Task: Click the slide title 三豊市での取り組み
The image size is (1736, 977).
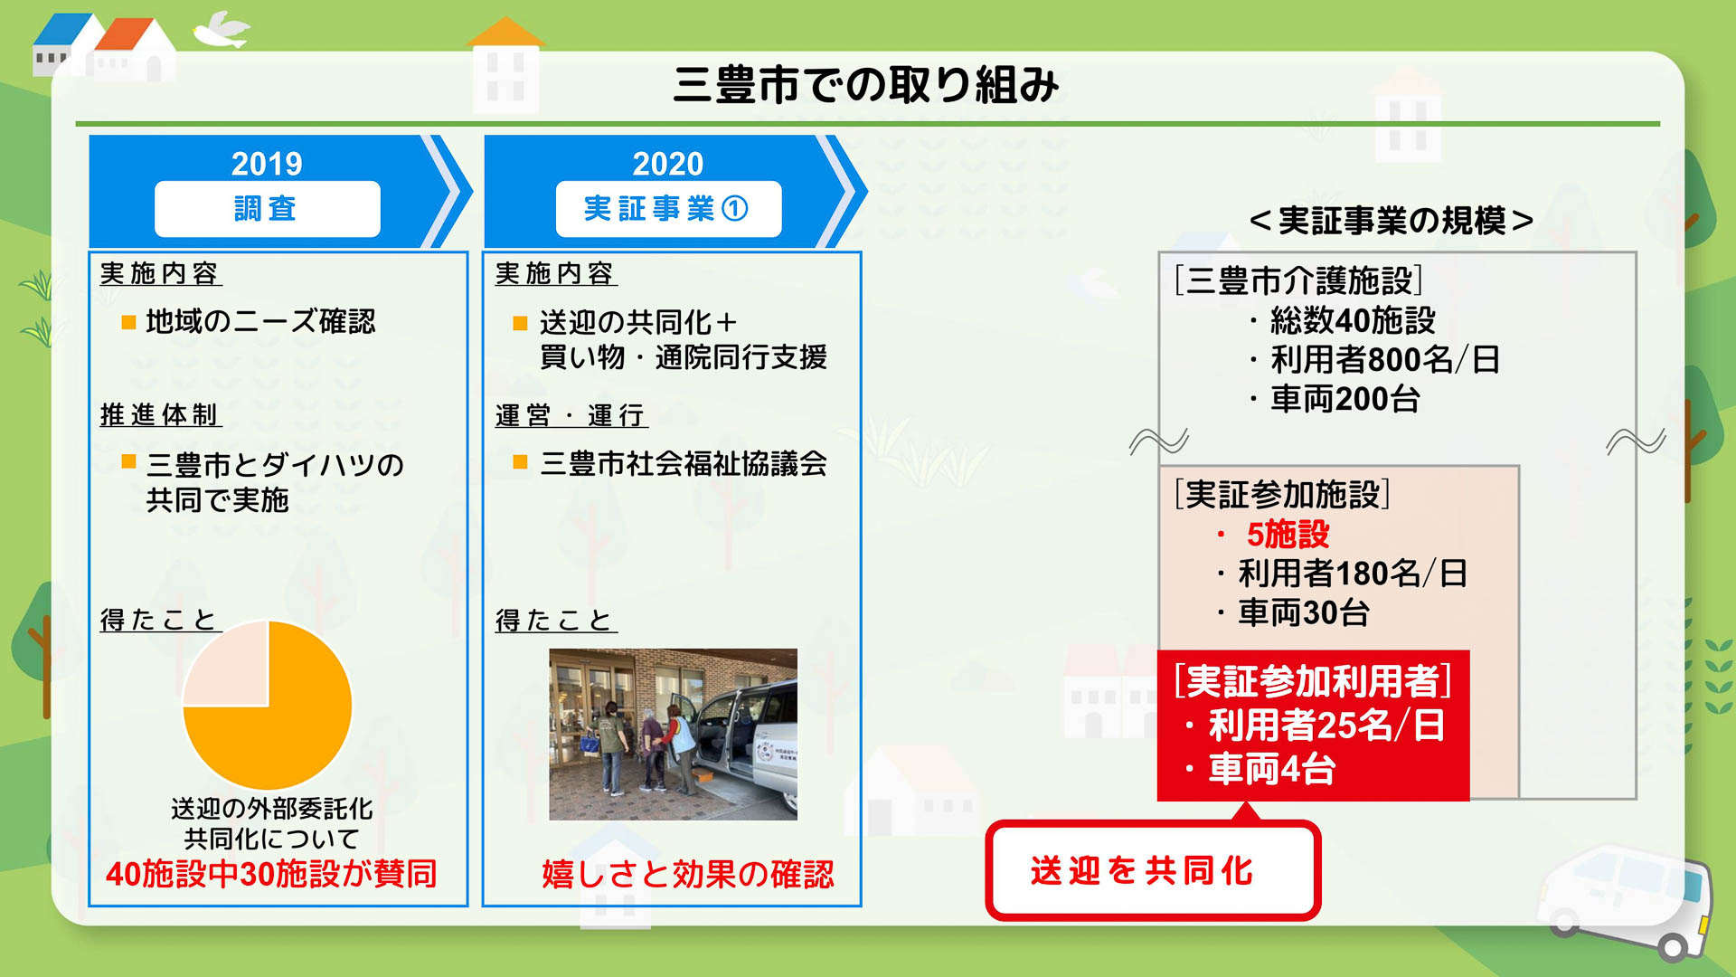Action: (x=866, y=85)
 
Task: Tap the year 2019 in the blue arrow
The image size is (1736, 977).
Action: (x=267, y=164)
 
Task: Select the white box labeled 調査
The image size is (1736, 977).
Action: (x=267, y=209)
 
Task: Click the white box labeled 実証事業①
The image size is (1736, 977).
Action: (x=667, y=209)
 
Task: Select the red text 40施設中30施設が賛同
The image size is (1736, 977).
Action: (x=271, y=874)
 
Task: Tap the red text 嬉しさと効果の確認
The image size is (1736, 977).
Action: (x=687, y=874)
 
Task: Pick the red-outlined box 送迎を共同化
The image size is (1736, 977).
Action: (x=1152, y=870)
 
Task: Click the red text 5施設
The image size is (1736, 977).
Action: (x=1288, y=535)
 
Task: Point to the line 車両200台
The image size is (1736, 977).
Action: (x=1344, y=399)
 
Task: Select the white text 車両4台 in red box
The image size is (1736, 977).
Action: (x=1271, y=770)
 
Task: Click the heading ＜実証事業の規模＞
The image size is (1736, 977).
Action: (x=1392, y=221)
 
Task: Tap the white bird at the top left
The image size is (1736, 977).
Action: (x=222, y=30)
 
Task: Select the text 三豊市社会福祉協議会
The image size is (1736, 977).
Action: (x=684, y=464)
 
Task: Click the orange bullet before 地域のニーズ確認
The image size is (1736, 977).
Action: (x=129, y=322)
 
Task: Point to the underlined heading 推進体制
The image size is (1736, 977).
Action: (x=160, y=415)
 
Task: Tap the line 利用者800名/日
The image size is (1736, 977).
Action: (x=1384, y=360)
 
